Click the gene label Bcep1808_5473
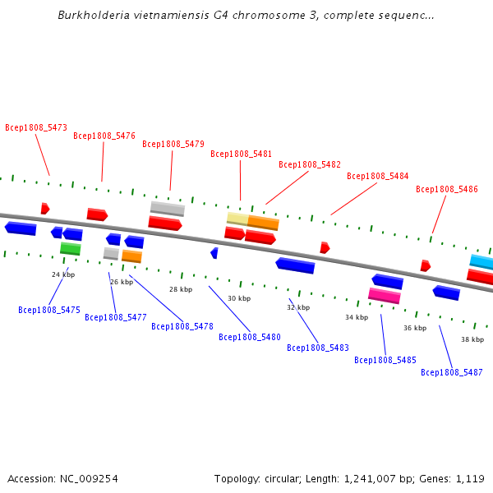(36, 127)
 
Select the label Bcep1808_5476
(104, 136)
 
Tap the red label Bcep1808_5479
(173, 145)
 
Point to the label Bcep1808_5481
(241, 154)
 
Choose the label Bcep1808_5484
(377, 176)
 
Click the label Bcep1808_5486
(446, 189)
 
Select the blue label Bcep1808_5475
(49, 310)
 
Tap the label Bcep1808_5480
(250, 337)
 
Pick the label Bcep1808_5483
(318, 348)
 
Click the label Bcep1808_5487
(452, 372)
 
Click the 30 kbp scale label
(239, 298)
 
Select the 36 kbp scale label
(415, 328)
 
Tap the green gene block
(71, 248)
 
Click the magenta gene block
(385, 295)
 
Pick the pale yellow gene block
(237, 218)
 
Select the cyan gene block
(481, 262)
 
